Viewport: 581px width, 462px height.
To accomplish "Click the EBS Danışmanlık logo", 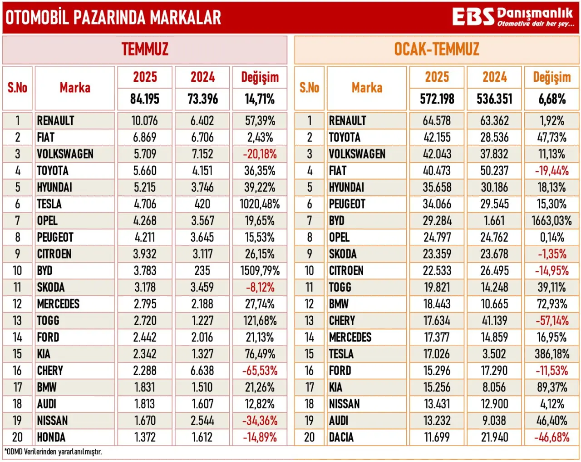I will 513,17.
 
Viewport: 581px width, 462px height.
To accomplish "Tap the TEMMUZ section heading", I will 145,49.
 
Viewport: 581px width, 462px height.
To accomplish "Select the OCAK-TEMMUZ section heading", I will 437,49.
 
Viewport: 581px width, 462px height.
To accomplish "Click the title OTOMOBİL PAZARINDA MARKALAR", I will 113,18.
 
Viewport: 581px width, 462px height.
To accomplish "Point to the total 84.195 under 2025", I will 145,99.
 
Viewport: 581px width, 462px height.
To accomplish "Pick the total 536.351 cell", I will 494,99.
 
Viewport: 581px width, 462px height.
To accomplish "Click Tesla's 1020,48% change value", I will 260,204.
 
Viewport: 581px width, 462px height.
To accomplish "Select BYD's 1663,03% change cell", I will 551,221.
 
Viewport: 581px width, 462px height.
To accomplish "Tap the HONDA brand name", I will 51,437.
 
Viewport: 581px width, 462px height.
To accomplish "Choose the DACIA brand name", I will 341,437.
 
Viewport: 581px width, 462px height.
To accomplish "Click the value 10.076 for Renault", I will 145,121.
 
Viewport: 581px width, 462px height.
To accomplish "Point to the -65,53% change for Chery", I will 260,371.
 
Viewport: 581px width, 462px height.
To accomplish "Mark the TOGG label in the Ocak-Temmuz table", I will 340,287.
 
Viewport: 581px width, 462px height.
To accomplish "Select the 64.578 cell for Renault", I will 437,121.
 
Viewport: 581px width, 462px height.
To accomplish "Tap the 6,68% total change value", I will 552,99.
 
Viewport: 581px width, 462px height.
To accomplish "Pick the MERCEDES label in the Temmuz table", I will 58,304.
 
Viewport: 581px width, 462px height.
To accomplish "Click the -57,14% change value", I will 552,321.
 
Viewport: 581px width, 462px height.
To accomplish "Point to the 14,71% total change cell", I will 260,99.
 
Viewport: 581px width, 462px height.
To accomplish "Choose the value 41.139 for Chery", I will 494,321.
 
